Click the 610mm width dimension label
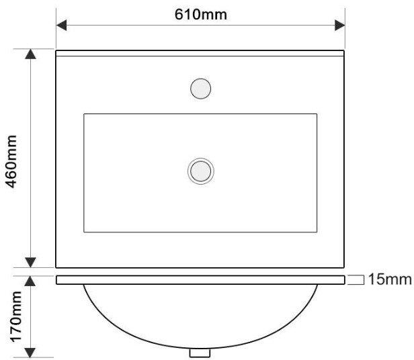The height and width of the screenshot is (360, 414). [201, 15]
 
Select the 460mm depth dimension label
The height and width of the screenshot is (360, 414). [11, 161]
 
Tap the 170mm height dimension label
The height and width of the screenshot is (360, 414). [16, 316]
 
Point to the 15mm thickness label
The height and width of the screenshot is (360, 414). [390, 279]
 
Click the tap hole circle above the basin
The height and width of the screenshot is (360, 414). [201, 89]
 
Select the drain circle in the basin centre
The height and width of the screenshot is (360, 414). [201, 171]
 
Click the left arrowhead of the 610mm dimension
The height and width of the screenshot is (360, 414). [62, 26]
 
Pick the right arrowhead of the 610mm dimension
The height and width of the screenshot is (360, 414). [340, 26]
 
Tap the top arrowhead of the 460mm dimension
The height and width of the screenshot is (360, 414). [30, 54]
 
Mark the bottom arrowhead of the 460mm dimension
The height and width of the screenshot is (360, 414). [30, 263]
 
